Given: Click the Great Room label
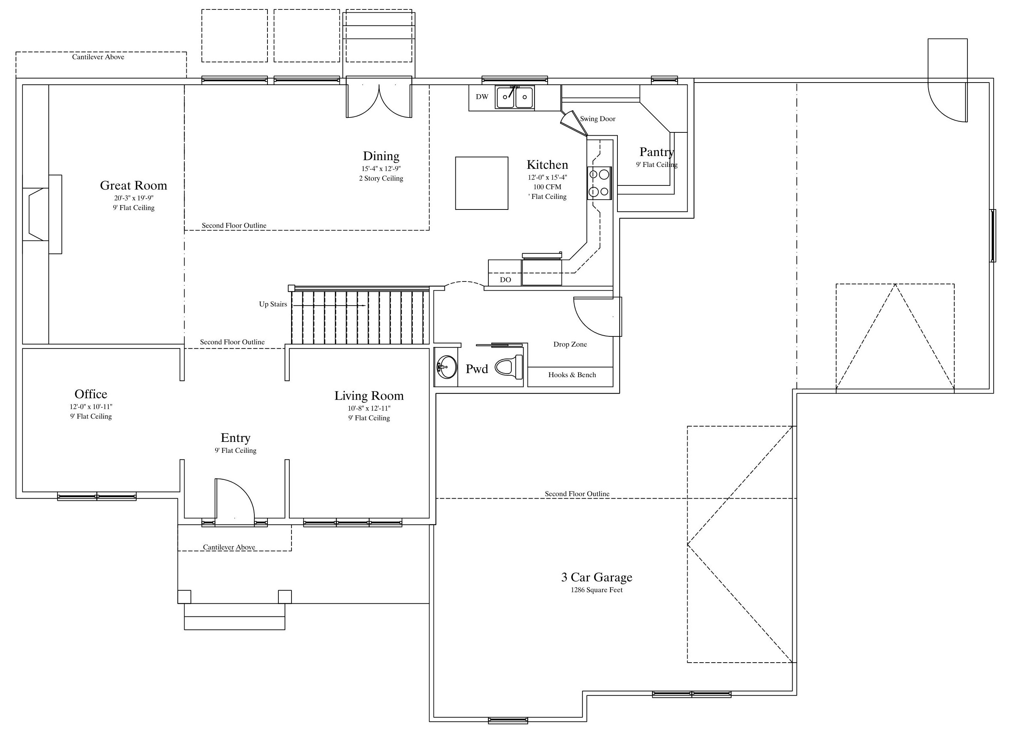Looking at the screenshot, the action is tap(133, 185).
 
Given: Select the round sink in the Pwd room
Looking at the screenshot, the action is tap(447, 367).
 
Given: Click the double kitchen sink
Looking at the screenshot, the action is tap(515, 97).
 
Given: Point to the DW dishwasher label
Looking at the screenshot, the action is tap(482, 97).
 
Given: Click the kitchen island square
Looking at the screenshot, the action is tap(482, 183).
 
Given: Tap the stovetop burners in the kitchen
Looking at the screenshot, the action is tap(599, 183).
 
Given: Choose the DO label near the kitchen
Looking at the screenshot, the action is tap(505, 280).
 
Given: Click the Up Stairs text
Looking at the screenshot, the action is tap(273, 304).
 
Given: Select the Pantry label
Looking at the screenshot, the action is tap(657, 152).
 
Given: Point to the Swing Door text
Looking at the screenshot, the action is tap(597, 119).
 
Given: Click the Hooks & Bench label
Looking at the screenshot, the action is tap(572, 375).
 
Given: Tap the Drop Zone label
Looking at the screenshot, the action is tap(570, 344).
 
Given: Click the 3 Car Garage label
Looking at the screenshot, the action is tap(597, 577).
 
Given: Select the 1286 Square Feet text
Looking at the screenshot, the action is tap(597, 590).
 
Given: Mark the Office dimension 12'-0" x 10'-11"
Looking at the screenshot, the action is tap(91, 407).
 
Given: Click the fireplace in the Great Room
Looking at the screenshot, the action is tap(42, 214).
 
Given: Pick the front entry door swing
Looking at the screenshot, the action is tap(235, 501).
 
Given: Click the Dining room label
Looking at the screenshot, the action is tap(381, 156).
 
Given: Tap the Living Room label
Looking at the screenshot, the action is tap(369, 396).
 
